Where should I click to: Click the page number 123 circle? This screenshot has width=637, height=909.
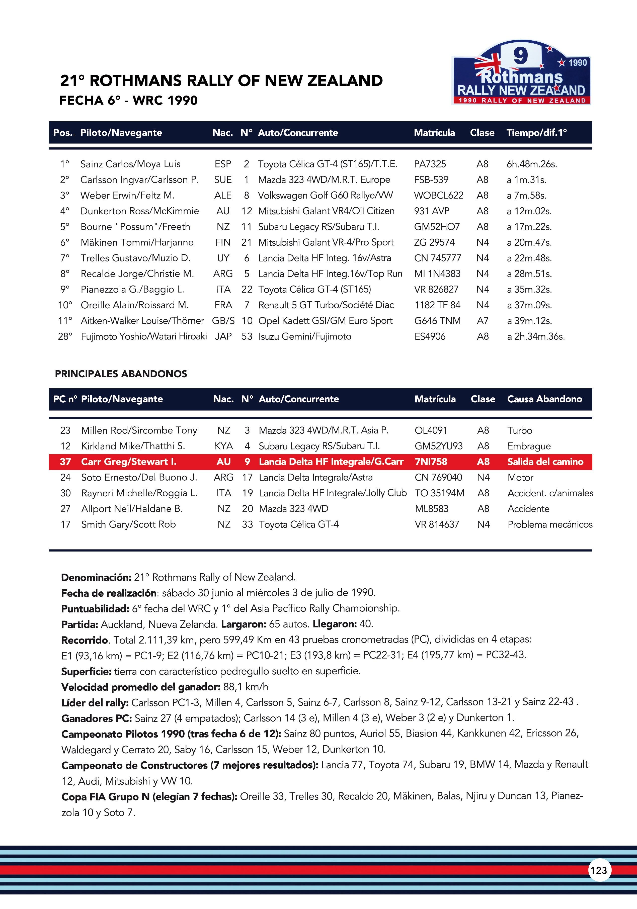click(599, 870)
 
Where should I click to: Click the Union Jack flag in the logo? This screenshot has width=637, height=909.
click(488, 64)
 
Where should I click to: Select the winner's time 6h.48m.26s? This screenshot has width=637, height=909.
click(532, 164)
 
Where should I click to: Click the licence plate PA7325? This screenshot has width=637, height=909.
click(430, 164)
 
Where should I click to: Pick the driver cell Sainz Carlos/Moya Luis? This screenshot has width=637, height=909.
click(130, 164)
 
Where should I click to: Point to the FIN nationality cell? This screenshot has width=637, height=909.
click(223, 242)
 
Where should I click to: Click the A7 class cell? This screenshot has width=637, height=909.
click(483, 321)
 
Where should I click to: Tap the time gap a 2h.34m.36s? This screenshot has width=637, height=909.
click(536, 336)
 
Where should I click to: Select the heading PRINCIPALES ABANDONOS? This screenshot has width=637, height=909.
click(121, 374)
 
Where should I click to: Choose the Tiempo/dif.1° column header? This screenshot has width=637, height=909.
click(536, 133)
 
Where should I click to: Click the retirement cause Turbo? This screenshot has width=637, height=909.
click(520, 430)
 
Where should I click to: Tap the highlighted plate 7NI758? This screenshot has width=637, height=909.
click(431, 462)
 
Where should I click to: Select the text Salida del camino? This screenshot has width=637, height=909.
click(545, 462)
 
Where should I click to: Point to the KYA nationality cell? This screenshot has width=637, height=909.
click(223, 446)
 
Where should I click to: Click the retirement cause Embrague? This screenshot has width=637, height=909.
click(529, 446)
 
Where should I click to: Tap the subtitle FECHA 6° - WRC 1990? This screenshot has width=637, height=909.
click(128, 101)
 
